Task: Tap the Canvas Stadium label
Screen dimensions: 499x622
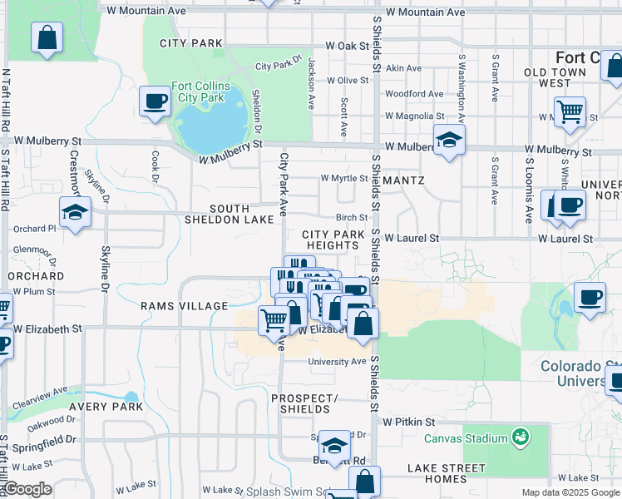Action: pos(466,438)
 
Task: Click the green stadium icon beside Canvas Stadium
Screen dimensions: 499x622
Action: pos(521,436)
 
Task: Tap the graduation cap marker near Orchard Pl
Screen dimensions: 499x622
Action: pos(74,211)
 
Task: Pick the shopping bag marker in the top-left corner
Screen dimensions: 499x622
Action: pos(47,37)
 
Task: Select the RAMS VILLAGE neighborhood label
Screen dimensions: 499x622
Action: pos(184,306)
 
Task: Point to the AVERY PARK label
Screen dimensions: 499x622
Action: pos(106,407)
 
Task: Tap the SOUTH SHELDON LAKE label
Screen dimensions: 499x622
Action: pos(241,214)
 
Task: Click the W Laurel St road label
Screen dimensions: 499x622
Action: pos(411,239)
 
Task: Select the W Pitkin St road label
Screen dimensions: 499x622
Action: pos(408,422)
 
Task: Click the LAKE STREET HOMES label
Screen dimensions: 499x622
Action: pos(449,474)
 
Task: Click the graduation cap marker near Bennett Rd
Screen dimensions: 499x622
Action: pos(334,445)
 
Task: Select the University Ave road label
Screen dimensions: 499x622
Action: pos(337,362)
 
